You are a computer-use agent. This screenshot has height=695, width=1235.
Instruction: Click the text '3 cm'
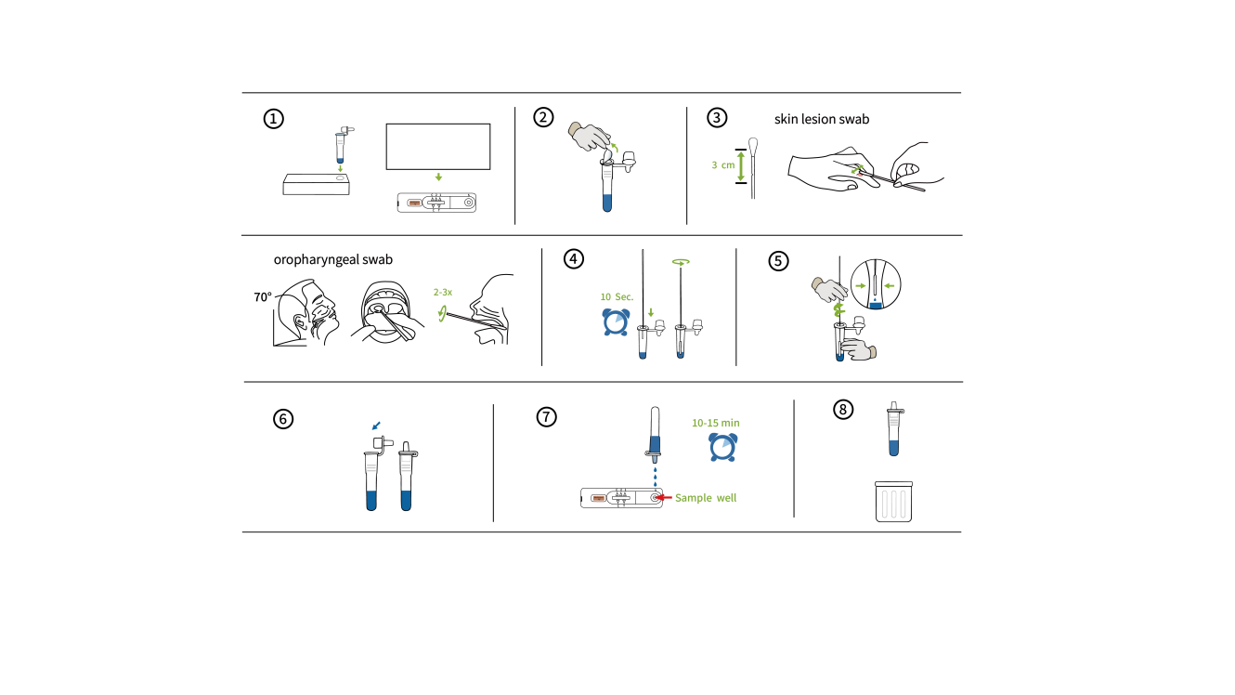point(722,165)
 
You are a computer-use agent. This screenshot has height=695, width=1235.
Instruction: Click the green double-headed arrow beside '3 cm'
point(741,166)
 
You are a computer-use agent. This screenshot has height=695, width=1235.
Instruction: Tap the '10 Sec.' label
point(617,297)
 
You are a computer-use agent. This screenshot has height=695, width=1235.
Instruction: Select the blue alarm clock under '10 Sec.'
point(616,322)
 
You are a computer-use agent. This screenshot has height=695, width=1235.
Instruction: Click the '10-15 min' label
point(715,424)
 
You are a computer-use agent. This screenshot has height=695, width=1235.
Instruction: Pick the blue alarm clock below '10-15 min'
point(722,447)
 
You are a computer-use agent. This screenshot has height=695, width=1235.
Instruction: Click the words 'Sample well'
point(706,498)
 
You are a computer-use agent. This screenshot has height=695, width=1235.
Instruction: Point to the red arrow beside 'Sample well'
point(662,497)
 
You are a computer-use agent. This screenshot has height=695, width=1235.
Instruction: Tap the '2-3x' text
point(442,292)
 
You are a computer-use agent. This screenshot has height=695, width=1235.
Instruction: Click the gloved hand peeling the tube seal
point(589,137)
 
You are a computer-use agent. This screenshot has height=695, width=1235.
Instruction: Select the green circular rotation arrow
point(681,262)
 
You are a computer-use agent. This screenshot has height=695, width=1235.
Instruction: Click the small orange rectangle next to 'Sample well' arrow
point(599,498)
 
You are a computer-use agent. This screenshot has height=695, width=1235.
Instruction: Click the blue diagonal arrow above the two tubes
point(376,426)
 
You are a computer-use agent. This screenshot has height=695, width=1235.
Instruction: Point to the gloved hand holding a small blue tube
point(857,350)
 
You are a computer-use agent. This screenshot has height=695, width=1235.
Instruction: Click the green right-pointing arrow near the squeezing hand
point(861,285)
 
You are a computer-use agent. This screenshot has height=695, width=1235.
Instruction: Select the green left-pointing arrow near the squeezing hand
point(890,285)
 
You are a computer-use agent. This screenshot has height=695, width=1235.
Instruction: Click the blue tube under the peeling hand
point(607,202)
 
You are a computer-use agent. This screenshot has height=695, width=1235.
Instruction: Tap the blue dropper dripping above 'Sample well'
point(655,446)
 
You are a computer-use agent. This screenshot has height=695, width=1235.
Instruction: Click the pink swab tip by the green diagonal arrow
point(861,175)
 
